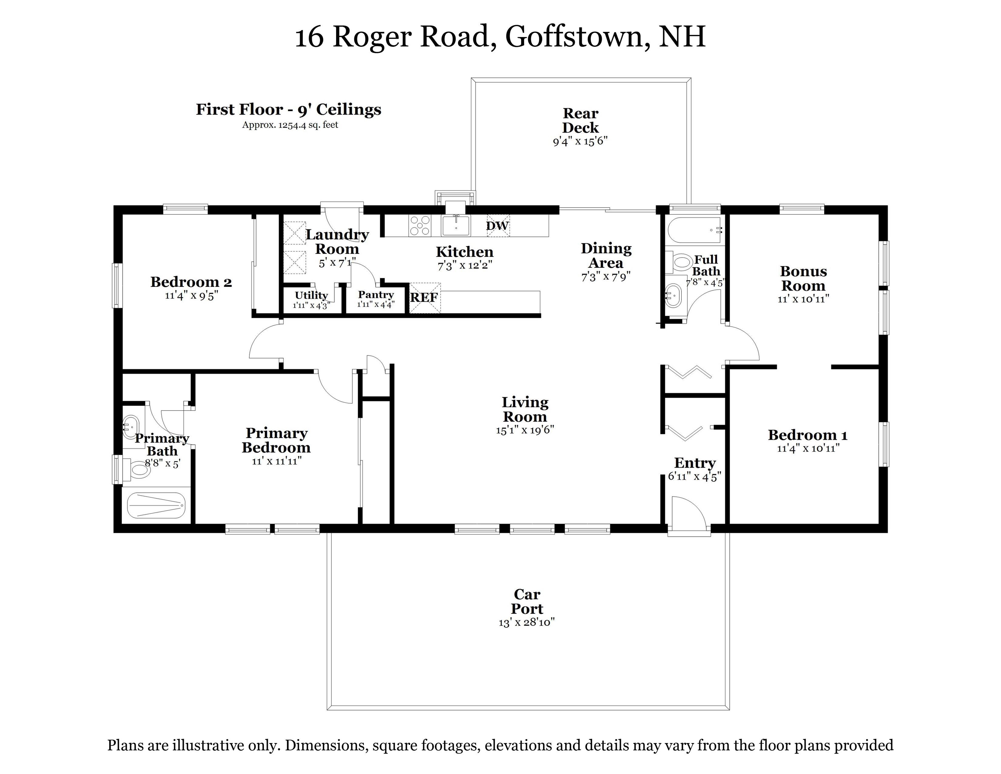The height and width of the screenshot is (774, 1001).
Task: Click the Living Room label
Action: tap(525, 410)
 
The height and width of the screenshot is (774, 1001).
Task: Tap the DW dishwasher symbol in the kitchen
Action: tap(498, 226)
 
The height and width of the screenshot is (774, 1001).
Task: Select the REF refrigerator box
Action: tap(424, 298)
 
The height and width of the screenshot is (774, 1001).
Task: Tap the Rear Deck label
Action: tap(580, 120)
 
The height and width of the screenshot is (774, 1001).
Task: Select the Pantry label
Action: tap(376, 294)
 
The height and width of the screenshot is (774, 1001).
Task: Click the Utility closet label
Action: tap(311, 295)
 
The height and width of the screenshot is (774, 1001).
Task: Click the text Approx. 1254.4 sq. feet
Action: tap(290, 125)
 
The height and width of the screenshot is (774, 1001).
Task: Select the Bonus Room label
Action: tap(804, 278)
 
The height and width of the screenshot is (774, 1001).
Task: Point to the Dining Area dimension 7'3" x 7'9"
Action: tap(606, 276)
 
